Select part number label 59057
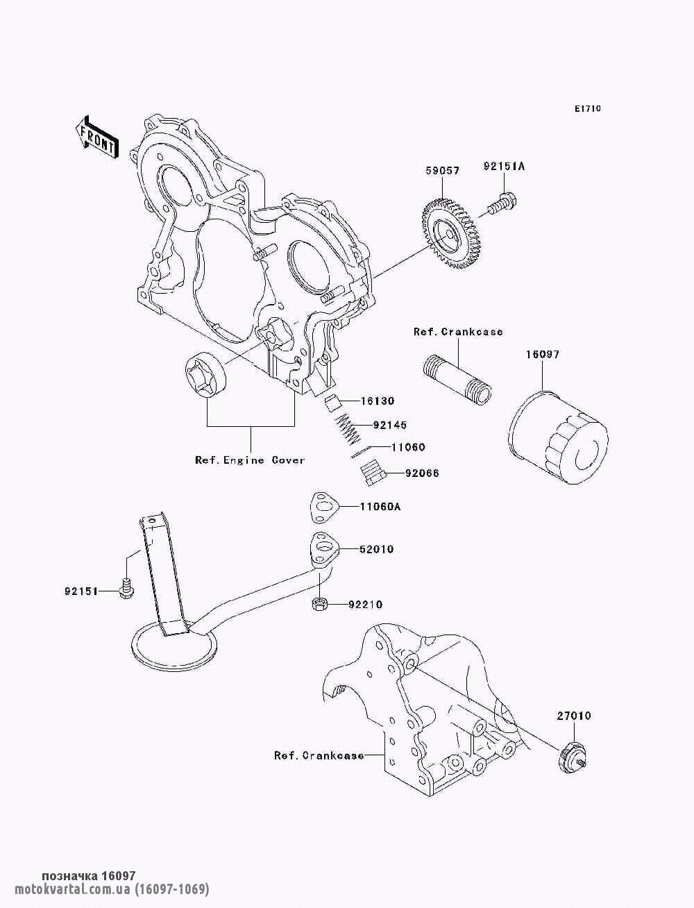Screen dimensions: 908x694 click(442, 171)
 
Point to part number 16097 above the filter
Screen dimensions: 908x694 click(542, 354)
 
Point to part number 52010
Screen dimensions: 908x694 click(376, 549)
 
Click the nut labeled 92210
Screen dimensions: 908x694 click(319, 604)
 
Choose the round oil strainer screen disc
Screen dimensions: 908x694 click(173, 646)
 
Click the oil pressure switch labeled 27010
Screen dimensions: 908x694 click(571, 756)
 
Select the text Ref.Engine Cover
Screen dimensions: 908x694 click(250, 460)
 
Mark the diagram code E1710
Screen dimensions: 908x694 click(587, 109)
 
